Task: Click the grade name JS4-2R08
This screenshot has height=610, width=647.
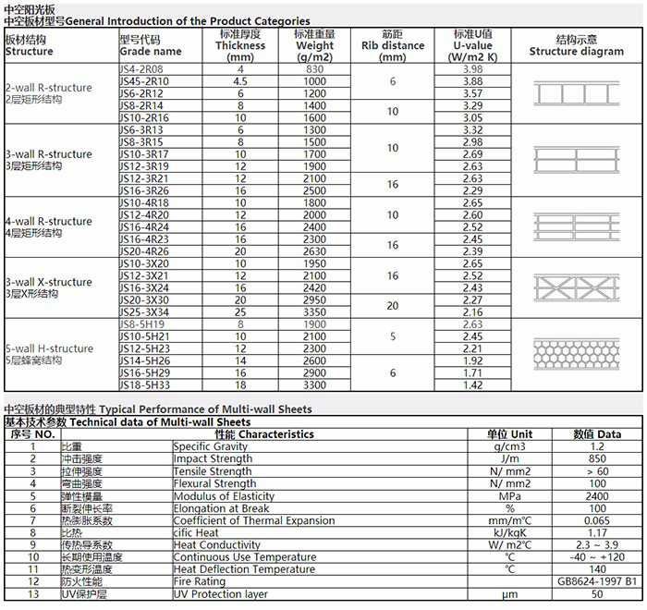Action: coord(141,69)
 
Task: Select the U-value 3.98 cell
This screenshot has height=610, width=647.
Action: coord(472,69)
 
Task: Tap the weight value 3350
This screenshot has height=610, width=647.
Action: coord(315,311)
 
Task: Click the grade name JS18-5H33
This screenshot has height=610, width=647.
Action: coord(143,384)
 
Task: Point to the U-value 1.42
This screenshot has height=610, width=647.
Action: coord(472,384)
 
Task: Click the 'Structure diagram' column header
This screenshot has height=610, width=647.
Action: coord(577,46)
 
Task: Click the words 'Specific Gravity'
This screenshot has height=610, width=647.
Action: coord(211,446)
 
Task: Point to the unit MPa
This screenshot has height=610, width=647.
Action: coord(510,495)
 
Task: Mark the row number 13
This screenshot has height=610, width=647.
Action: coord(32,594)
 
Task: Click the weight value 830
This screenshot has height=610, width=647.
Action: coord(315,69)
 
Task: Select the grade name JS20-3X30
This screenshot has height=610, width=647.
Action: coord(144,299)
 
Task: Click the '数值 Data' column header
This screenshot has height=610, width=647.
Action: coord(596,433)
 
